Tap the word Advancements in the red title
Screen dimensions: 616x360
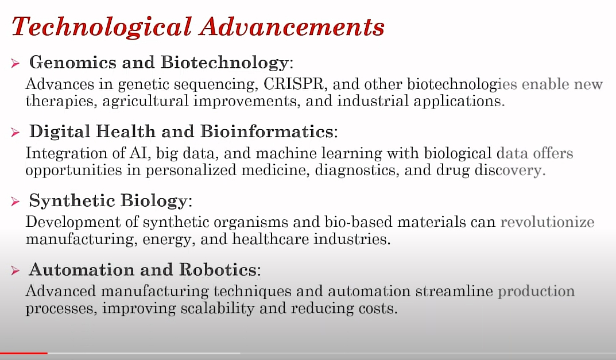click(292, 27)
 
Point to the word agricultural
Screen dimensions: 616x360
click(145, 102)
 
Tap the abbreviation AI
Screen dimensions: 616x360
click(141, 153)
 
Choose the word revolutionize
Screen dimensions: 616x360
click(547, 222)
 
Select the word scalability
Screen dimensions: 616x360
click(218, 308)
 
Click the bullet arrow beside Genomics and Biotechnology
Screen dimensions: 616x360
click(16, 63)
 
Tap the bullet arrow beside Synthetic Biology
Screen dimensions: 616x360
click(16, 202)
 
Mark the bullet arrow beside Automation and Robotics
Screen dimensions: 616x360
click(16, 270)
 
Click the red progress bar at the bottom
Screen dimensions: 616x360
click(24, 353)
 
